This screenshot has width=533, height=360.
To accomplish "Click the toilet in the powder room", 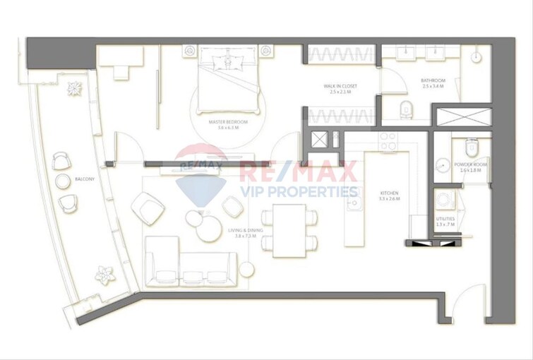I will [x=472, y=149].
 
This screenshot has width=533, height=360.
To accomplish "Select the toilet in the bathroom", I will [x=406, y=109].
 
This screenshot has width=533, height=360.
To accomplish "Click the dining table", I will [x=289, y=231].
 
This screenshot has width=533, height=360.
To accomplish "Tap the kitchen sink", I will [x=354, y=205].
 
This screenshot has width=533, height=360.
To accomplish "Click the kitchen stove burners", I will [x=388, y=141].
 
